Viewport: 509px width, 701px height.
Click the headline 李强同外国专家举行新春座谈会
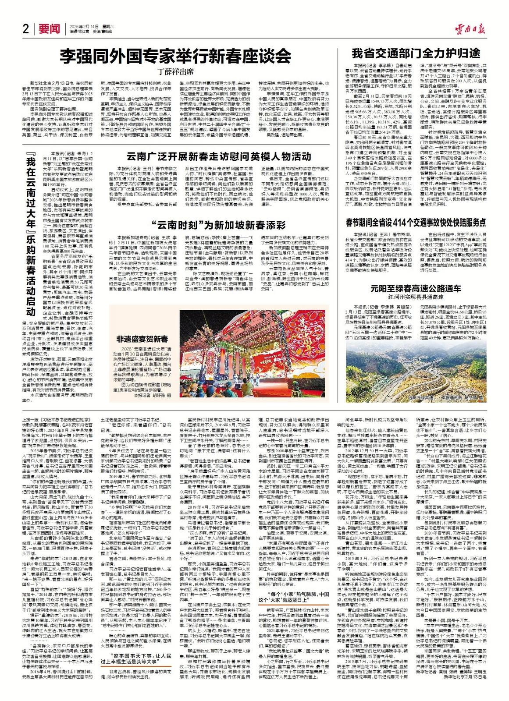[175, 56]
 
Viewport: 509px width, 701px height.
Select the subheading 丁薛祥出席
[176, 71]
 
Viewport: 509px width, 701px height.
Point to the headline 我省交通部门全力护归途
[416, 54]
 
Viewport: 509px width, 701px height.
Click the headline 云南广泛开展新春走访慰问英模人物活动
[219, 156]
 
